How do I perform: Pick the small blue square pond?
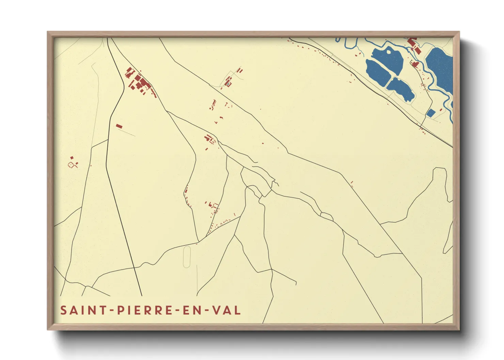click(x=431, y=113)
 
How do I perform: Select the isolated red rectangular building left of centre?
click(x=119, y=126)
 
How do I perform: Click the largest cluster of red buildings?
click(x=139, y=82)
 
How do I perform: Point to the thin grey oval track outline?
click(x=187, y=257)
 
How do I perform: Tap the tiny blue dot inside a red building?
click(x=227, y=83)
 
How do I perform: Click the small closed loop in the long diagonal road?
click(x=327, y=216)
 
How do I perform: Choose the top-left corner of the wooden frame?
click(x=48, y=32)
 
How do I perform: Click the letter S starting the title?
click(x=63, y=310)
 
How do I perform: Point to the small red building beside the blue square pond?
click(x=441, y=110)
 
